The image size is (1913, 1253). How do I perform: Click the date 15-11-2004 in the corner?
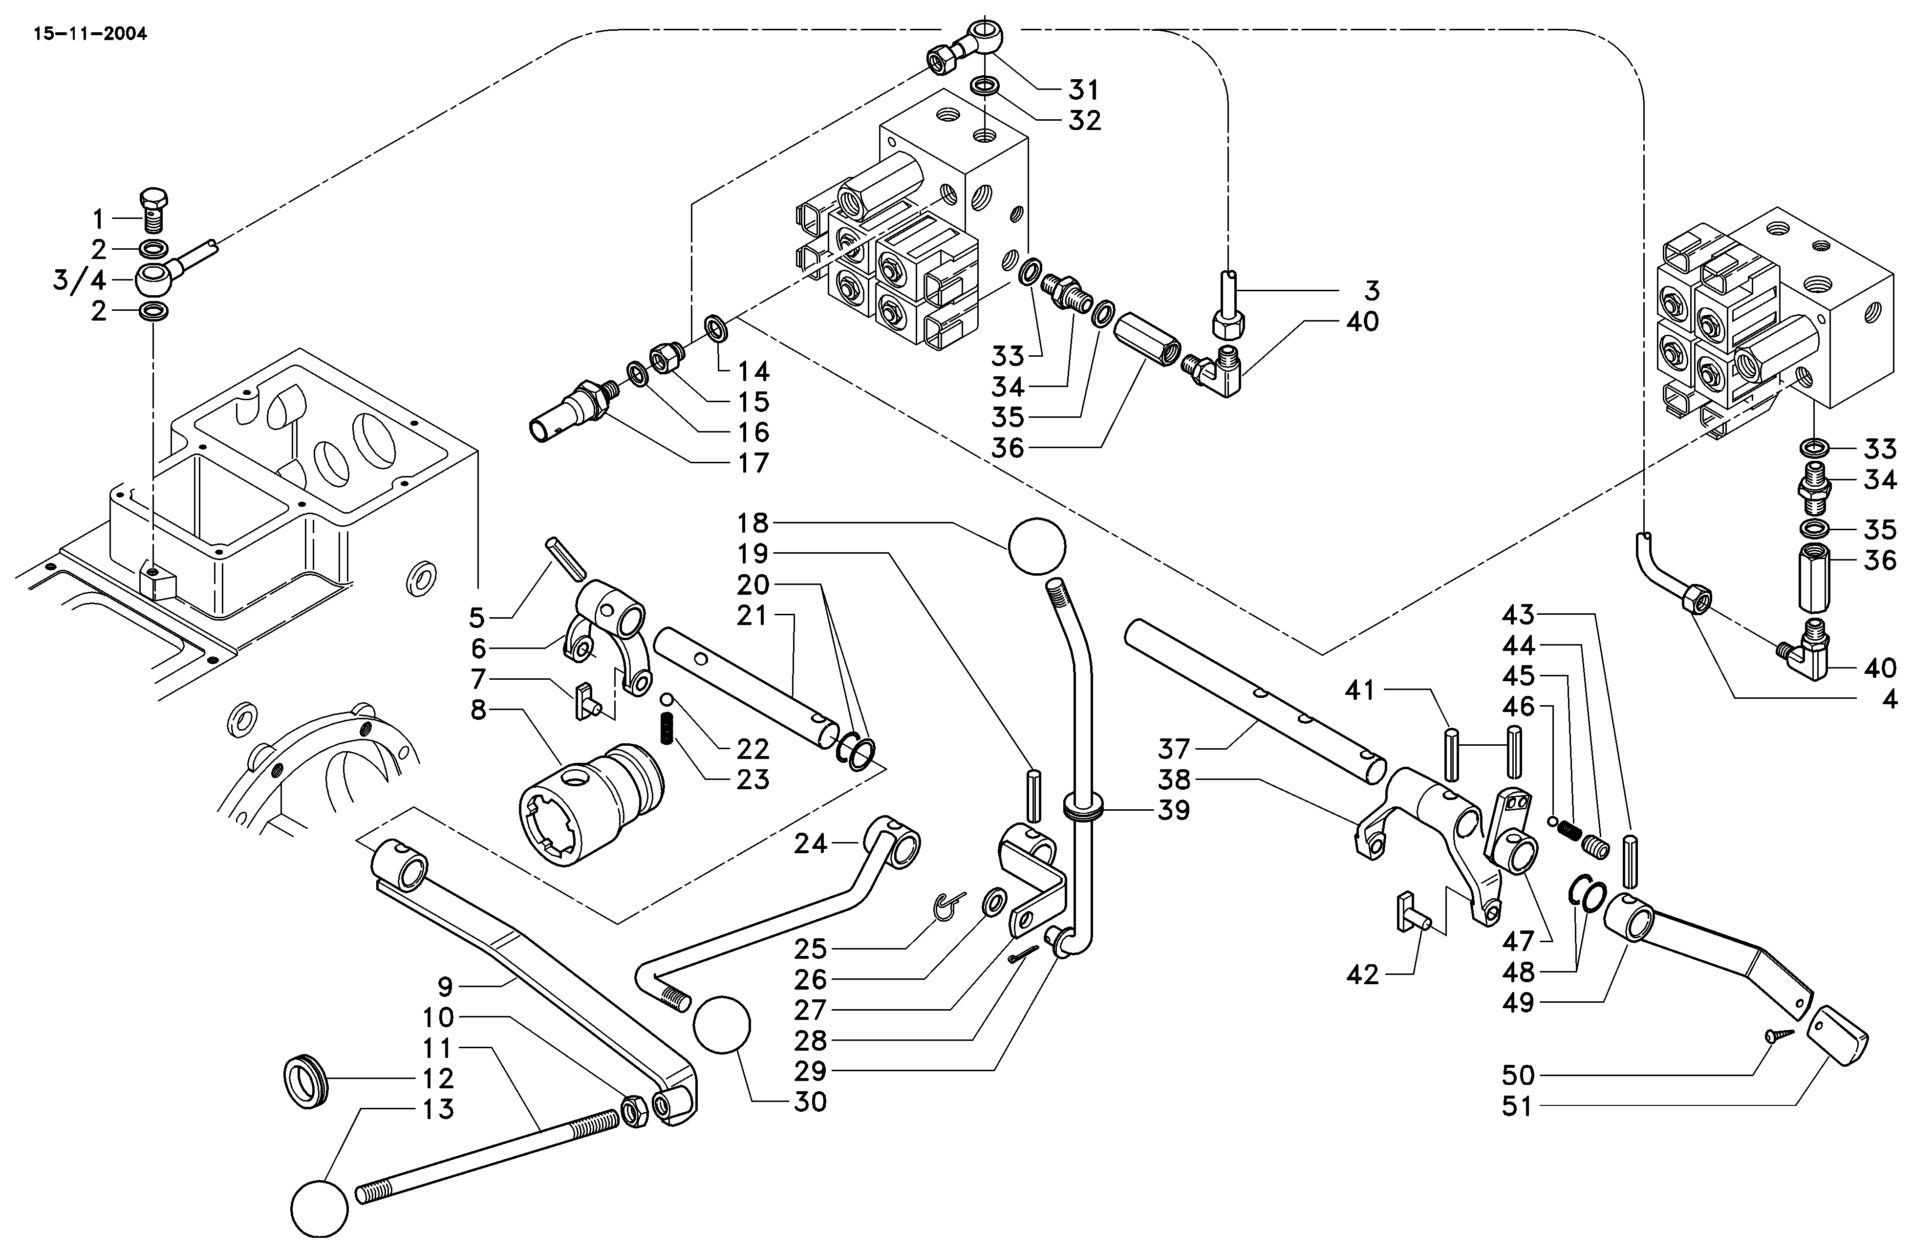tap(90, 35)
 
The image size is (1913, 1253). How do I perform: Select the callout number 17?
tap(753, 463)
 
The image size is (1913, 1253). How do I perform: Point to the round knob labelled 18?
tap(1036, 546)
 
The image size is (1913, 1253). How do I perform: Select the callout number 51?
tap(1518, 1107)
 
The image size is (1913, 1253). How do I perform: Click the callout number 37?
tap(1174, 749)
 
